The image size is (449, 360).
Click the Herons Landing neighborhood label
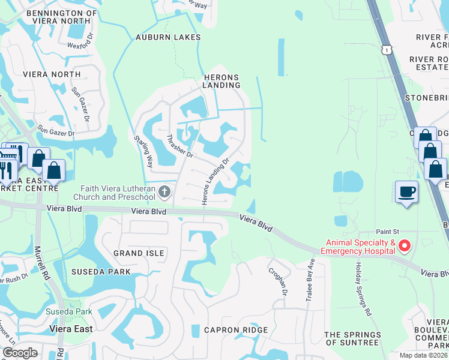coord(221,81)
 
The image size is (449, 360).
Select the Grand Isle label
coord(139,253)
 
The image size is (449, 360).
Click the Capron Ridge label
coord(235,330)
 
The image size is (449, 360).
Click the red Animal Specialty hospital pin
coord(405,246)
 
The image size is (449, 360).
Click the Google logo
coord(20,352)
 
